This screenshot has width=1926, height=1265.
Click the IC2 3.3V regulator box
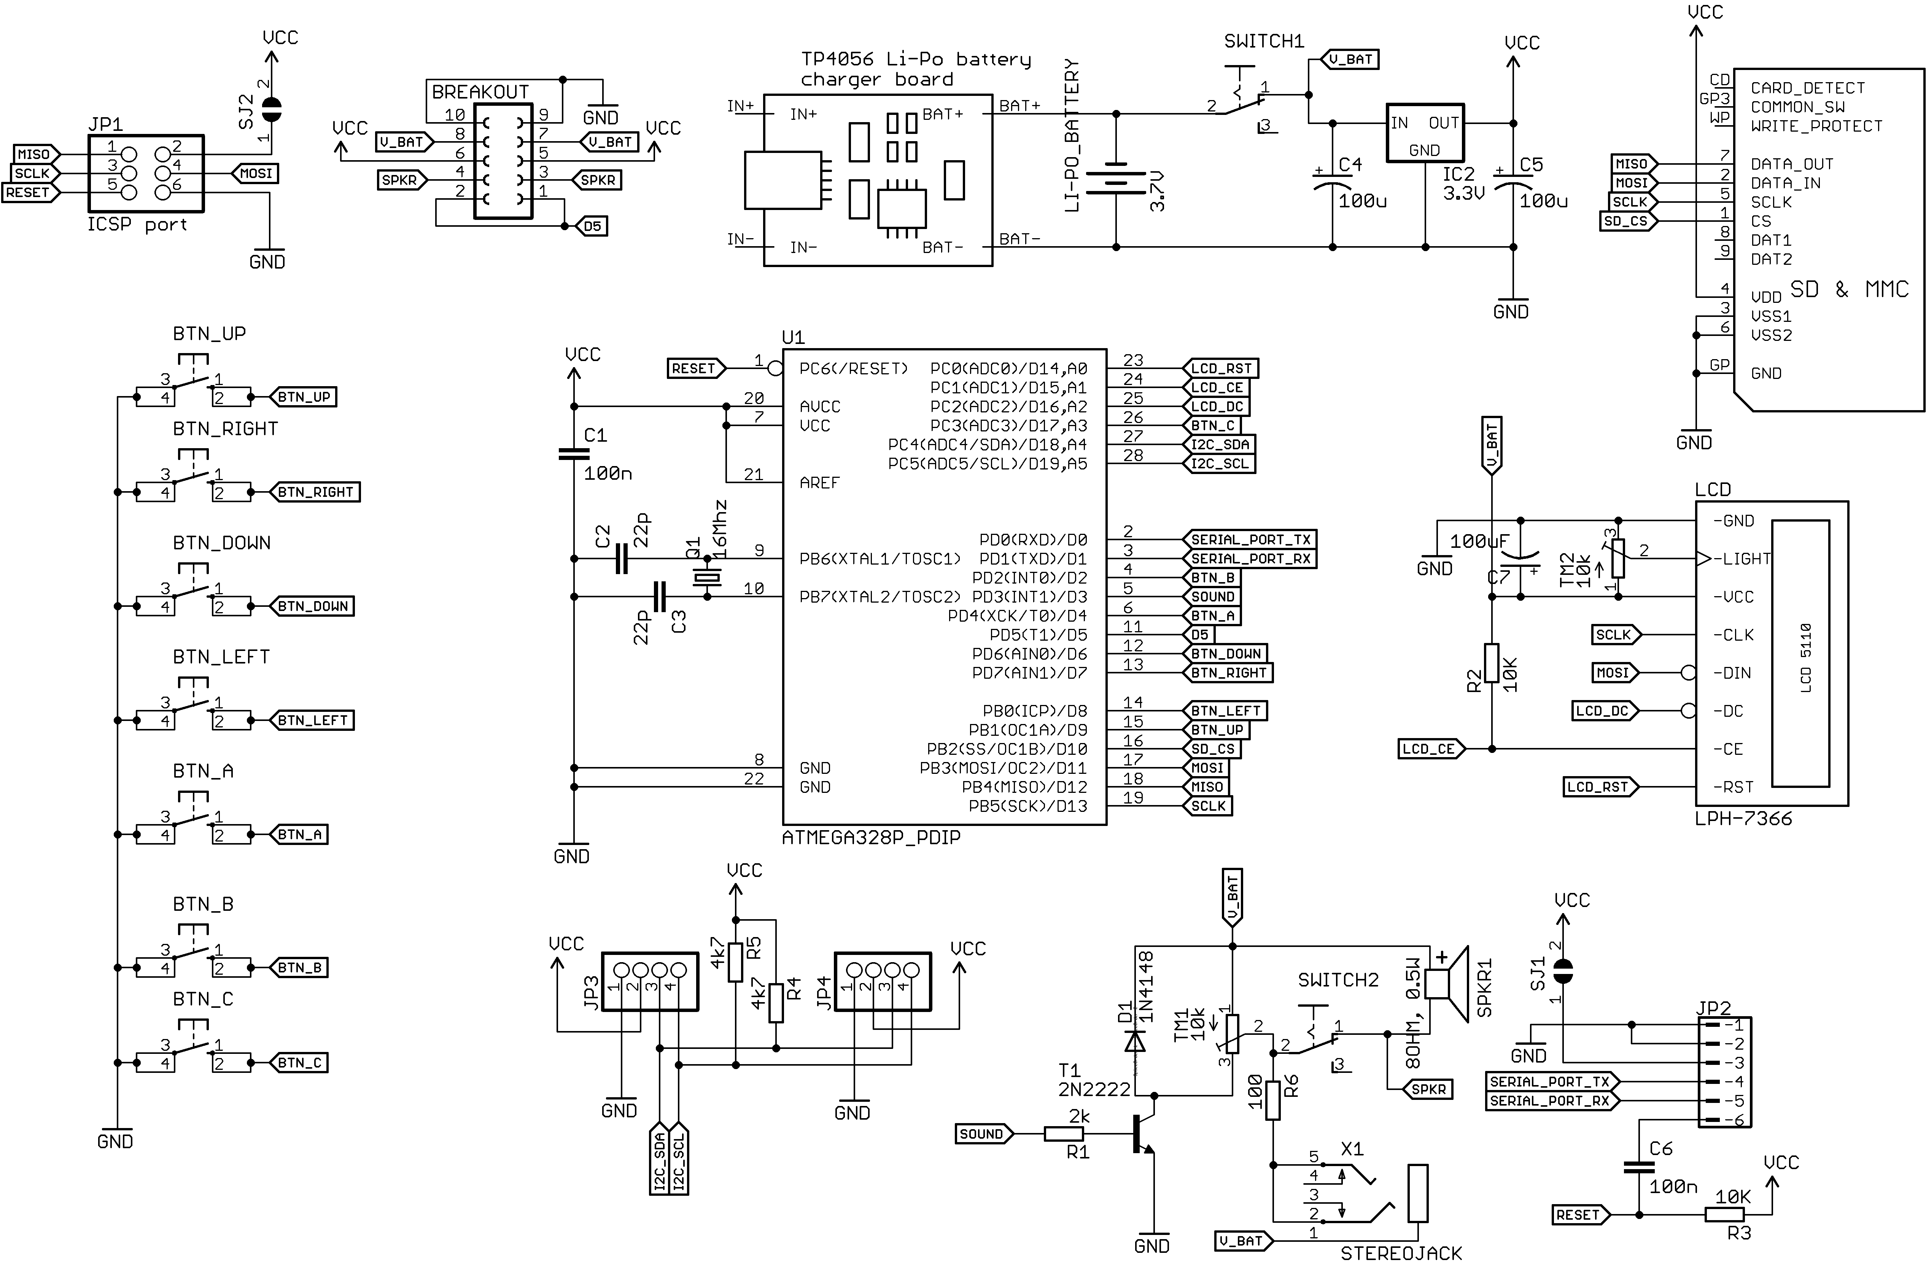[1424, 133]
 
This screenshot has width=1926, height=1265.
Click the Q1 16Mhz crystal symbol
[706, 577]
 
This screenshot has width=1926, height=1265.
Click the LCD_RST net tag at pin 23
[1220, 368]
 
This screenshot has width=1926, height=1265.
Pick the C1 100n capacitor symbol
[574, 454]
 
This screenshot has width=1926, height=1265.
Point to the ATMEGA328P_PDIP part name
[871, 838]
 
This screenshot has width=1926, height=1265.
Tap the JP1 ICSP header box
[146, 173]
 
